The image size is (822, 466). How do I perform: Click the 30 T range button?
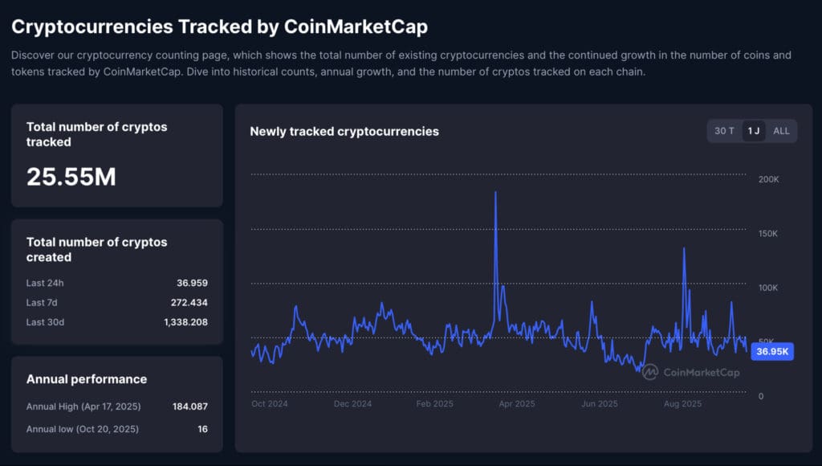pos(724,131)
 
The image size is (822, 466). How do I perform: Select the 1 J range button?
pos(753,131)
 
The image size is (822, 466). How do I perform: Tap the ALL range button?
pos(781,131)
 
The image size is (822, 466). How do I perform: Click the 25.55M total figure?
pos(71,177)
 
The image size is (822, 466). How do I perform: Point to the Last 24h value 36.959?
pos(192,283)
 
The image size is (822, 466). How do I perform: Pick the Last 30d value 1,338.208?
pos(185,322)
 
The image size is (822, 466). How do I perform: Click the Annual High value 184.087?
pos(189,407)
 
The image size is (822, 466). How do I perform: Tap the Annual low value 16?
pos(202,429)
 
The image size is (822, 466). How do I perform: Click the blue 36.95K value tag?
pos(772,352)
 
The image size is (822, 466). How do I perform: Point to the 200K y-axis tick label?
pos(768,179)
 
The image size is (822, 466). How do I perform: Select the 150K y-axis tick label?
pos(768,234)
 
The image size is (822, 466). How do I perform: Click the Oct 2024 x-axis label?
pos(269,404)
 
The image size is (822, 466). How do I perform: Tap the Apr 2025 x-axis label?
pos(516,404)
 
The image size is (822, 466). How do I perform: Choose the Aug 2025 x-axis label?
pos(682,404)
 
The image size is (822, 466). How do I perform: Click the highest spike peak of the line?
pos(495,193)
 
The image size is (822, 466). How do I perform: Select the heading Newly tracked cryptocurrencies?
pos(344,131)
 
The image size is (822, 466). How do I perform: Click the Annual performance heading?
pos(87,379)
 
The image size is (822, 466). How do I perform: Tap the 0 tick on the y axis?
pos(761,396)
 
